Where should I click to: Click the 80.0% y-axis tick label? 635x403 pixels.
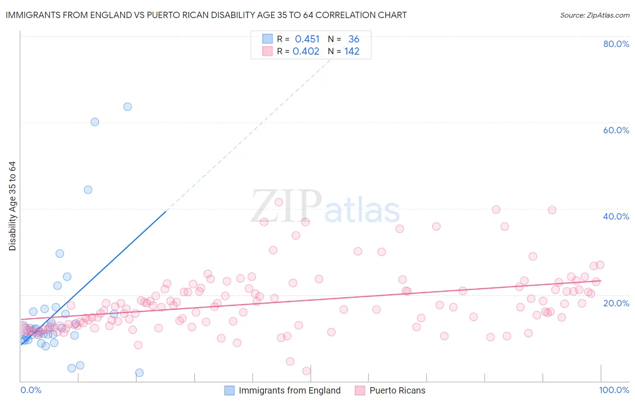[616, 44]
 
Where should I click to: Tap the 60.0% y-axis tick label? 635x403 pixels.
[616, 130]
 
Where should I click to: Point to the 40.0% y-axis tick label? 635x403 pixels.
[616, 216]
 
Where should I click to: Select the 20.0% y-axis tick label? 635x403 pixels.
[616, 303]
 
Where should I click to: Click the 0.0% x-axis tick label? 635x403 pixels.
[31, 390]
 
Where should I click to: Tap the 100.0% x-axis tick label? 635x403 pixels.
[614, 390]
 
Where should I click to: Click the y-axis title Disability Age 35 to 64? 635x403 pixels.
[12, 206]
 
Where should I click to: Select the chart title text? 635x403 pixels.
[206, 15]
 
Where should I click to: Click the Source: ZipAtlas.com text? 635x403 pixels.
[594, 15]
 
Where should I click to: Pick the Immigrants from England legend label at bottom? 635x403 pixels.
[289, 390]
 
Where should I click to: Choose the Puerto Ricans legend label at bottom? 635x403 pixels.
[397, 390]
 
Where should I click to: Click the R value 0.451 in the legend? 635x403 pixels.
[307, 39]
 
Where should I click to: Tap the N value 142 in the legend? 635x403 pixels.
[352, 52]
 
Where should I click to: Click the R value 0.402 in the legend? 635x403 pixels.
[306, 52]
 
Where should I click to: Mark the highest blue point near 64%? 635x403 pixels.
[128, 107]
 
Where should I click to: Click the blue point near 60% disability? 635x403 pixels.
[95, 122]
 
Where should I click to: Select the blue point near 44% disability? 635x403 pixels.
[88, 190]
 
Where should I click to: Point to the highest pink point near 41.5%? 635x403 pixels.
[279, 202]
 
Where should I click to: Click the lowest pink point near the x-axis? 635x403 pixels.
[306, 371]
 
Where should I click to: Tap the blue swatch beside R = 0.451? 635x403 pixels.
[267, 39]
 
